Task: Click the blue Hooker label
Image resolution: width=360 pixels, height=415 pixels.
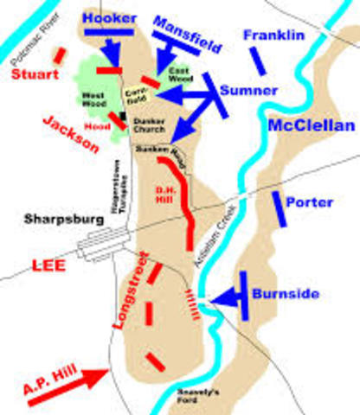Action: pyautogui.click(x=106, y=16)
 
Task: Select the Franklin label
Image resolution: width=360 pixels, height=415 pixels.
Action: pyautogui.click(x=273, y=35)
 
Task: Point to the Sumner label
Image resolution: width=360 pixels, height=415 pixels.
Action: pyautogui.click(x=248, y=90)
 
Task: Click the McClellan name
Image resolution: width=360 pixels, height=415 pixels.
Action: pyautogui.click(x=312, y=126)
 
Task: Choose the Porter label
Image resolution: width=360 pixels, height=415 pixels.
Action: pyautogui.click(x=308, y=202)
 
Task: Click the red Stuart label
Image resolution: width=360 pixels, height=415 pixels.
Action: pyautogui.click(x=34, y=74)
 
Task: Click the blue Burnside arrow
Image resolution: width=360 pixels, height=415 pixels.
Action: pyautogui.click(x=227, y=298)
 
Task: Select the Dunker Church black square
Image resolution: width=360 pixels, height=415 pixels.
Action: pyautogui.click(x=125, y=113)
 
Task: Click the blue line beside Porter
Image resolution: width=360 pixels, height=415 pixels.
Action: pyautogui.click(x=278, y=207)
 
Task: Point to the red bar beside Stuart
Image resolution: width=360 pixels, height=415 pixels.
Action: pyautogui.click(x=59, y=54)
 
